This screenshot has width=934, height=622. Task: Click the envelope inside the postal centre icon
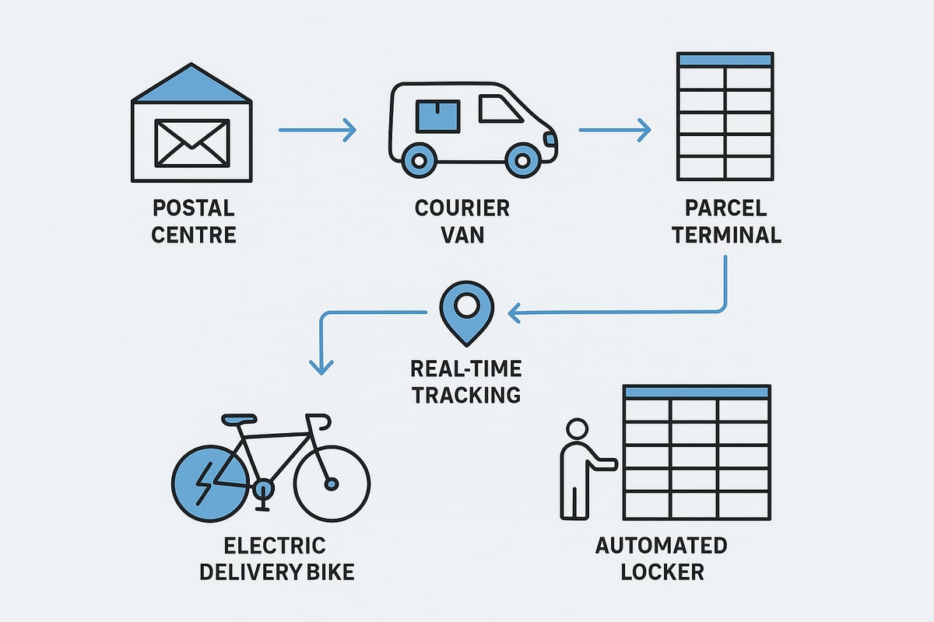point(192,142)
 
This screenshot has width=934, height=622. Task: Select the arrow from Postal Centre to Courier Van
point(317,130)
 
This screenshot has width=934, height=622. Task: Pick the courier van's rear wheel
point(420,161)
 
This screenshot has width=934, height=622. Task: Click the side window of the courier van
point(500,109)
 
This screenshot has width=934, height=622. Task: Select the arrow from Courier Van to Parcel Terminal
point(614,130)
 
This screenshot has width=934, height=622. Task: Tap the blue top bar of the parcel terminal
point(725,60)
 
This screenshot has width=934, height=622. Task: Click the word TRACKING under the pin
point(466,394)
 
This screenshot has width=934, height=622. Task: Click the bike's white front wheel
point(332,484)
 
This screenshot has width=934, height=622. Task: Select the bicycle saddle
point(238,418)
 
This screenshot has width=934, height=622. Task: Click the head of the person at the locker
point(577,430)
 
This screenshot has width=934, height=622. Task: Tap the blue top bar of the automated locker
point(697,392)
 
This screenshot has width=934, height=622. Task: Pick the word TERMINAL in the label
point(726,234)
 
